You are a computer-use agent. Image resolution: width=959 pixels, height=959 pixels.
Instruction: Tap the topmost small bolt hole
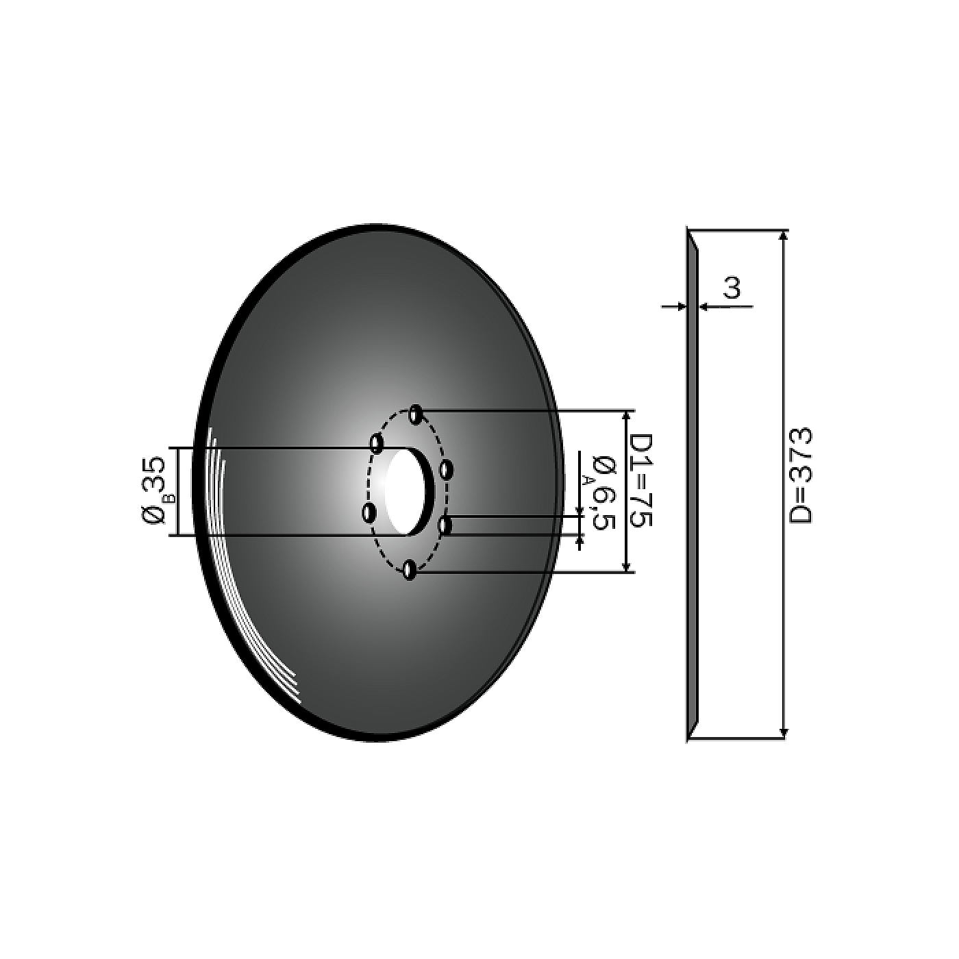[x=415, y=414]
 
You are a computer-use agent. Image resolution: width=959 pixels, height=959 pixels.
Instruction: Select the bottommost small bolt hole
[x=410, y=570]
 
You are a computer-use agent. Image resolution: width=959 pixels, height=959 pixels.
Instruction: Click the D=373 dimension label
[x=801, y=475]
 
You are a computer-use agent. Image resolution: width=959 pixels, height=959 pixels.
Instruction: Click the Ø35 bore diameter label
[x=153, y=490]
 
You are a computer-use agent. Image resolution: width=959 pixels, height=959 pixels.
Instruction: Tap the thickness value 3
[x=732, y=288]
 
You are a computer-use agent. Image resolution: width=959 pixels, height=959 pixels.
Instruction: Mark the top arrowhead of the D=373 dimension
[x=784, y=236]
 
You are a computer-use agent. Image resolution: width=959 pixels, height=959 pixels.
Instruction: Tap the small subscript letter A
[x=587, y=480]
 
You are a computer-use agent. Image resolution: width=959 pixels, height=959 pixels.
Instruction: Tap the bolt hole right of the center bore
[x=446, y=470]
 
